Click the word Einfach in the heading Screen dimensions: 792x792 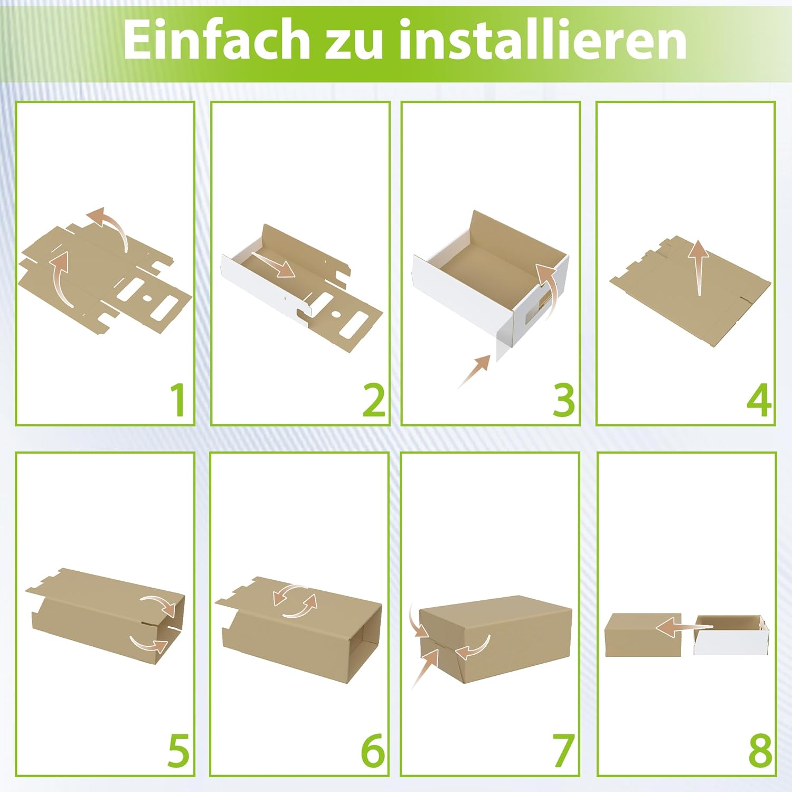[x=216, y=40]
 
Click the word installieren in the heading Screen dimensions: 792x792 [x=543, y=40]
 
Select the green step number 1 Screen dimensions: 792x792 [x=178, y=400]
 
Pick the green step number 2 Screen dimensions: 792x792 [x=374, y=400]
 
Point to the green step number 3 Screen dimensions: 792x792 [x=563, y=400]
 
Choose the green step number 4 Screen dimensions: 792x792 [x=759, y=400]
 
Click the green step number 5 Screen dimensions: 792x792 [x=178, y=750]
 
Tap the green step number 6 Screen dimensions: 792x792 [x=373, y=750]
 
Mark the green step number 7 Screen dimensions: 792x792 [x=563, y=750]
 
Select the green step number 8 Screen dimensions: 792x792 [x=760, y=750]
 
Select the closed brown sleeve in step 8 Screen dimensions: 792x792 [x=643, y=635]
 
